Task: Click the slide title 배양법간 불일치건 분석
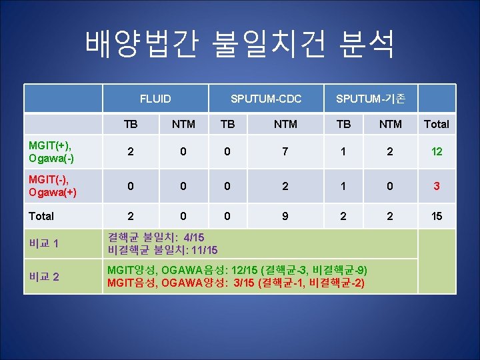pyautogui.click(x=240, y=43)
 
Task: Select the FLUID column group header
pyautogui.click(x=155, y=99)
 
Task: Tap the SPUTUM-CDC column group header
pyautogui.click(x=266, y=99)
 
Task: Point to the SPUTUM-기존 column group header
pyautogui.click(x=370, y=99)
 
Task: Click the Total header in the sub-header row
pyautogui.click(x=437, y=124)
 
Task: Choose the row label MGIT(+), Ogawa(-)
pyautogui.click(x=51, y=151)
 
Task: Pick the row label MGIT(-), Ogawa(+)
pyautogui.click(x=51, y=186)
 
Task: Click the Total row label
pyautogui.click(x=41, y=216)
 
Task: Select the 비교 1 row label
pyautogui.click(x=44, y=243)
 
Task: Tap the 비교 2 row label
pyautogui.click(x=44, y=276)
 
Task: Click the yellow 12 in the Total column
pyautogui.click(x=437, y=151)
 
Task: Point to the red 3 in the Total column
pyautogui.click(x=437, y=186)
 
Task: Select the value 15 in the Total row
pyautogui.click(x=437, y=216)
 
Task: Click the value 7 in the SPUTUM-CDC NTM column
pyautogui.click(x=285, y=151)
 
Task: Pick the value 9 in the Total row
pyautogui.click(x=285, y=216)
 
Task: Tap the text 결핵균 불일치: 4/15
pyautogui.click(x=156, y=237)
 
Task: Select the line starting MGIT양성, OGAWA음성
pyautogui.click(x=237, y=270)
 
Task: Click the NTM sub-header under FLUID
pyautogui.click(x=183, y=124)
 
